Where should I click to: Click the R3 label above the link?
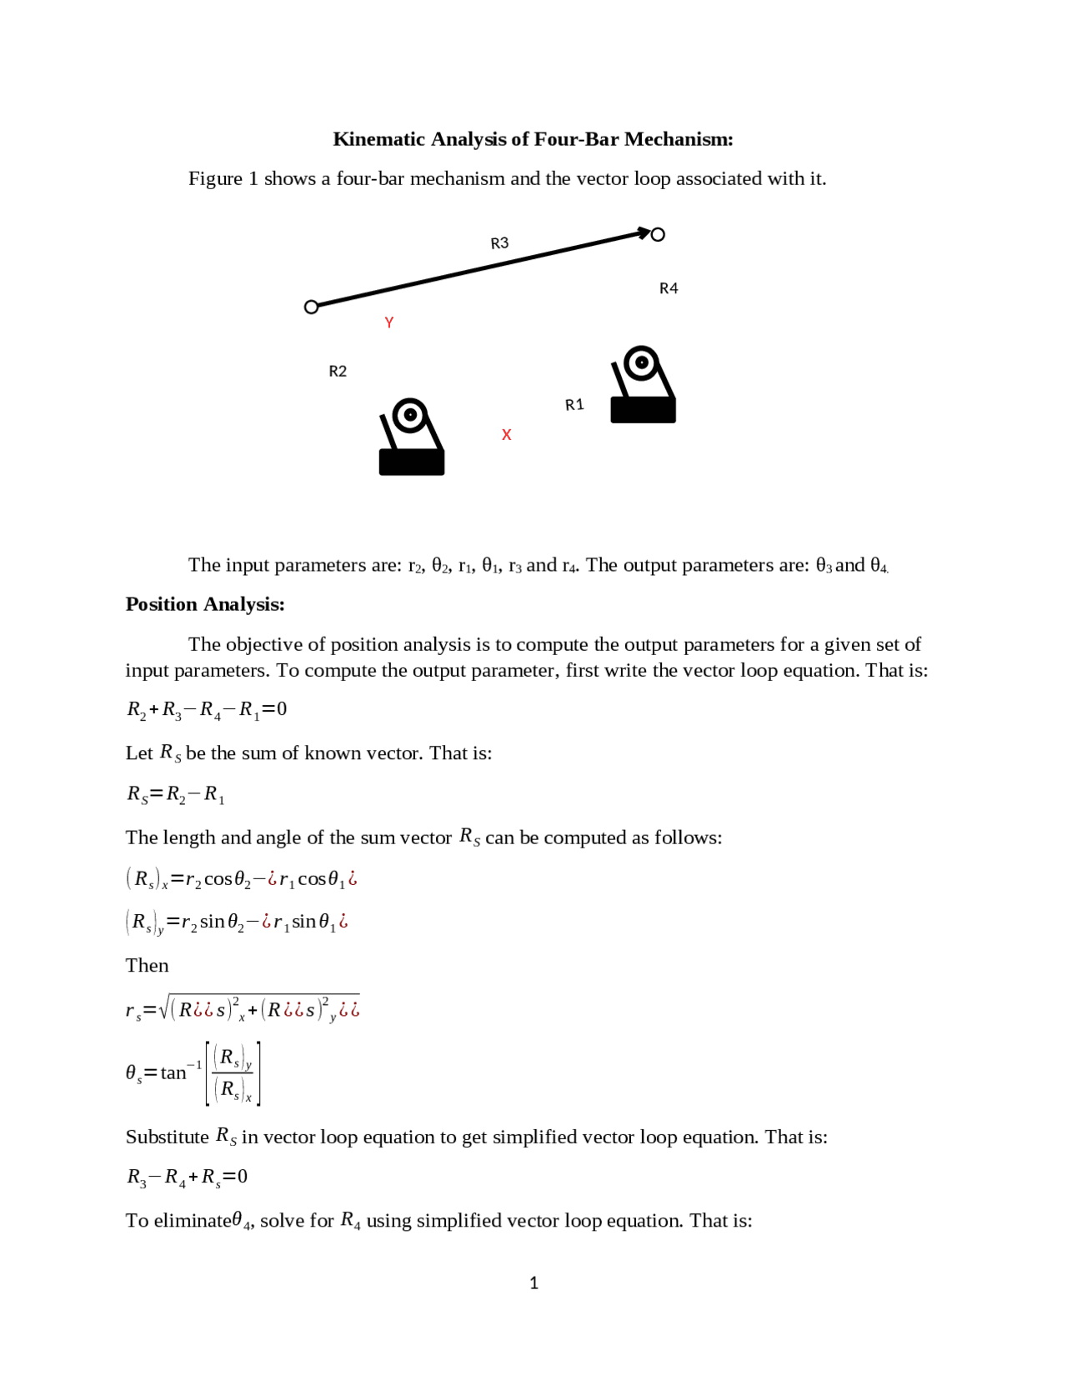coord(499,243)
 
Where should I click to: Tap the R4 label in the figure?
coord(669,288)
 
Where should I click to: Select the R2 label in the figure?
coord(338,372)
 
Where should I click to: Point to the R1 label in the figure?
coord(574,405)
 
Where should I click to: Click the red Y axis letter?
coord(389,322)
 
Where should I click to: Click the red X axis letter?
coord(506,435)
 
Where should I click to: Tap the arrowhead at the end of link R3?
coord(644,233)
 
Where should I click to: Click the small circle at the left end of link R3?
coord(312,307)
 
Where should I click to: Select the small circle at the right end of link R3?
coord(658,235)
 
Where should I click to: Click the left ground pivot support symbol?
coord(412,438)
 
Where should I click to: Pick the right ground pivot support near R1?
coord(643,385)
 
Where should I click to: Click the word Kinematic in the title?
coord(378,139)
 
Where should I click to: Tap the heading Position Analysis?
coord(205,604)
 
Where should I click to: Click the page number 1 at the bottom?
coord(533,1283)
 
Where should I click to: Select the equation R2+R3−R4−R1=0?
coord(207,710)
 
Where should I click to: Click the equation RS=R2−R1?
coord(176,794)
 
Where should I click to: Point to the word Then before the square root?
coord(147,966)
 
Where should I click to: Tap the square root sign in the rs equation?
coord(163,1007)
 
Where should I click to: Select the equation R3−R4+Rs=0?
coord(187,1177)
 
